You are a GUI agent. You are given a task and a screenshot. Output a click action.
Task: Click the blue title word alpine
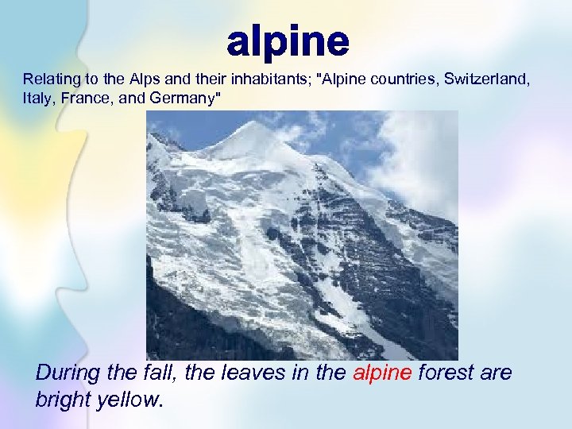pyautogui.click(x=288, y=41)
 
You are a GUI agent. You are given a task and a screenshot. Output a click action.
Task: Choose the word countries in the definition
pyautogui.click(x=403, y=79)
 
